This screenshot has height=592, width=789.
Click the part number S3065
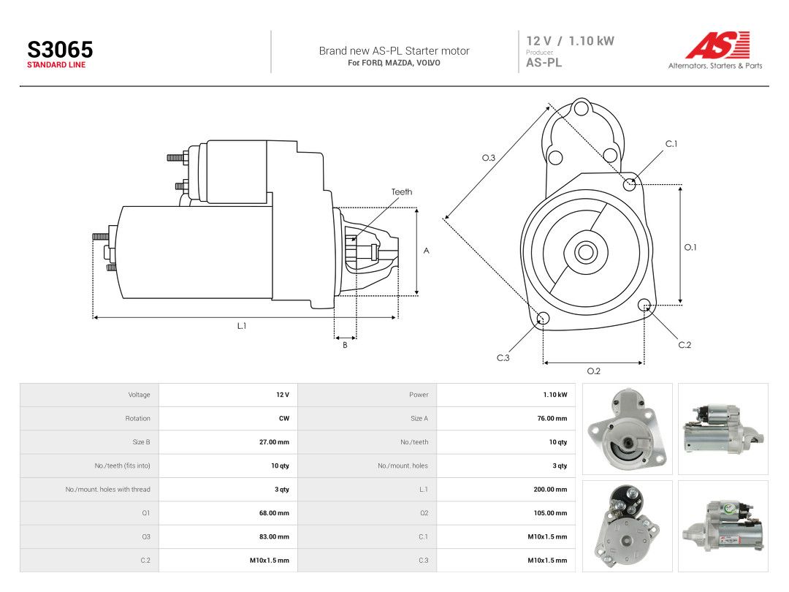pos(60,50)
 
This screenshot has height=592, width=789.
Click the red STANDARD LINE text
pos(56,65)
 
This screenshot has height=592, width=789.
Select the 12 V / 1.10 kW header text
pos(570,41)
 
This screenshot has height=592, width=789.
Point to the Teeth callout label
pos(402,191)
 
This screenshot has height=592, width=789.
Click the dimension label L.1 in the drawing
pos(242,326)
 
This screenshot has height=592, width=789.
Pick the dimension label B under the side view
pos(345,345)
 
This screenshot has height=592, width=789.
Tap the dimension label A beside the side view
pos(426,251)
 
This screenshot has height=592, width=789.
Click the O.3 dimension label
pos(489,158)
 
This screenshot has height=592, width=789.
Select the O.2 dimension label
pos(594,371)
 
